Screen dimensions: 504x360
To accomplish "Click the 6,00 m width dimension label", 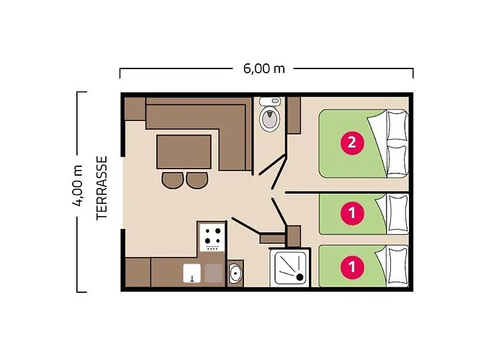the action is pyautogui.click(x=264, y=69).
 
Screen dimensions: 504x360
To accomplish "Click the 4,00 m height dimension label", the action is pyautogui.click(x=78, y=186).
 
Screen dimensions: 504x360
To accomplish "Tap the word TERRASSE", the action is pyautogui.click(x=102, y=188).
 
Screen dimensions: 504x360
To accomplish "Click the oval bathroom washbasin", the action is pyautogui.click(x=235, y=273).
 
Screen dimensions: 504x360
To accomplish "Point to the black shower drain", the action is pyautogui.click(x=300, y=277).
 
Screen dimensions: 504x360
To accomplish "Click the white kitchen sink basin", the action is pyautogui.click(x=192, y=273).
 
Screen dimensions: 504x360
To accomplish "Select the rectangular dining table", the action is pyautogui.click(x=184, y=152).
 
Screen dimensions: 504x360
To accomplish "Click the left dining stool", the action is pyautogui.click(x=173, y=180).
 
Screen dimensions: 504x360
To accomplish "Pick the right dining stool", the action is pyautogui.click(x=197, y=180).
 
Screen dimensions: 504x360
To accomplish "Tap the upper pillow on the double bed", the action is pyautogui.click(x=397, y=125).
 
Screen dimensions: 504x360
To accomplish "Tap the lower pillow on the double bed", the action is pyautogui.click(x=397, y=161).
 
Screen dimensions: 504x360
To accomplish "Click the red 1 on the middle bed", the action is pyautogui.click(x=352, y=213).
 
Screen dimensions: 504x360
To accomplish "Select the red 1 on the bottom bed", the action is pyautogui.click(x=352, y=267).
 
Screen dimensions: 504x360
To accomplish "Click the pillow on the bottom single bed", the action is pyautogui.click(x=398, y=266).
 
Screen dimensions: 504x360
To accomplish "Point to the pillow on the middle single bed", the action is pyautogui.click(x=398, y=213).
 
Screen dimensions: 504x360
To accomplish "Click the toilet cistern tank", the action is pyautogui.click(x=270, y=102).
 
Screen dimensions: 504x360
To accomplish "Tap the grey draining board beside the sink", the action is pyautogui.click(x=214, y=273).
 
